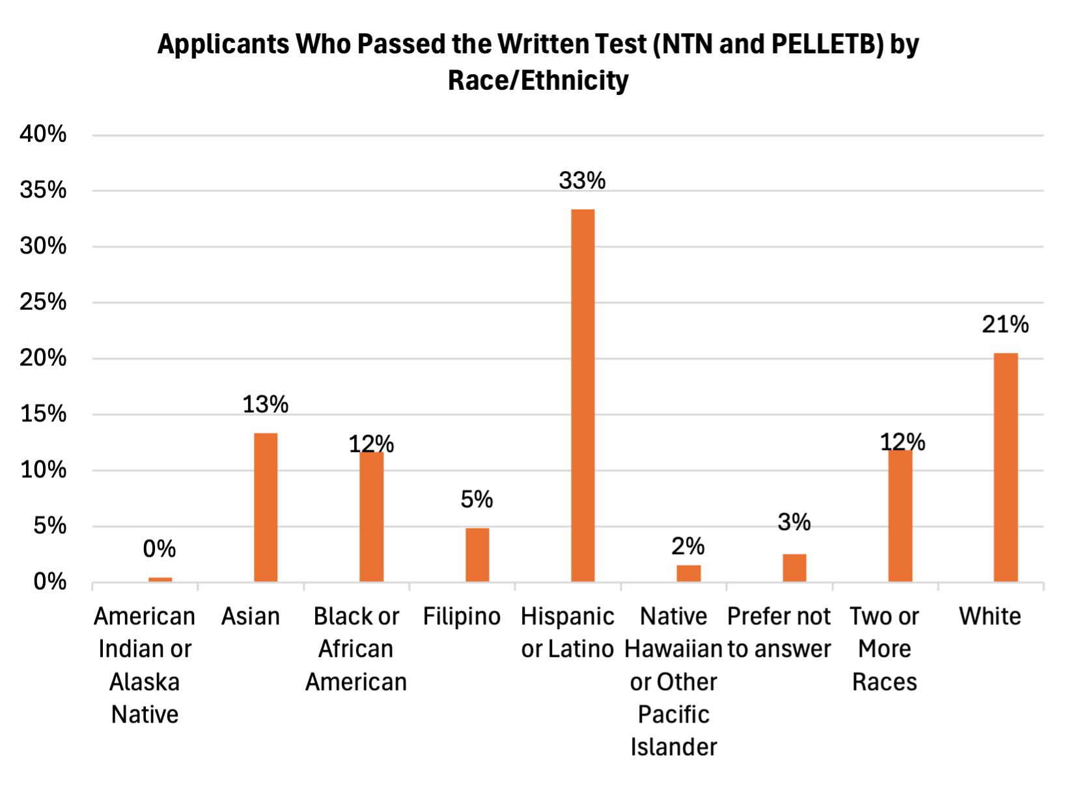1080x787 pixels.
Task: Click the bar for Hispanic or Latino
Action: tap(583, 395)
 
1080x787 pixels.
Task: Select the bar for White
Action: tap(1006, 467)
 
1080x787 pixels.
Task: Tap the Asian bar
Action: tap(266, 507)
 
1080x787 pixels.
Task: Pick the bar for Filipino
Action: tap(477, 555)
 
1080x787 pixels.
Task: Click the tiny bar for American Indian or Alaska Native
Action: tap(160, 579)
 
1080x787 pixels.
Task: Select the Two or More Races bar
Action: tap(900, 515)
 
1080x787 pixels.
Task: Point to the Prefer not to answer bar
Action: tap(794, 568)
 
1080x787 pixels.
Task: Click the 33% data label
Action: tap(582, 180)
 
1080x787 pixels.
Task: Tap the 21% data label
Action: tap(1005, 324)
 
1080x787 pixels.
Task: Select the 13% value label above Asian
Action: tap(265, 405)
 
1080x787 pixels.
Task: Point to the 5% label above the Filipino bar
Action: tap(477, 500)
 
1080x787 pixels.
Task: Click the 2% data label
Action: tap(688, 546)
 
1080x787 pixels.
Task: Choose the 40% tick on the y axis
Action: tap(43, 134)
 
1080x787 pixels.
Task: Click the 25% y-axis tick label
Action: tap(43, 302)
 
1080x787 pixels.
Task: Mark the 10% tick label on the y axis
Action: tap(43, 470)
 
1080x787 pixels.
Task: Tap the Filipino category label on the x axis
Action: tap(462, 616)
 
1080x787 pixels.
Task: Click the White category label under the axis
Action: tap(990, 616)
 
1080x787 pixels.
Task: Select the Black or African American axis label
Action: tap(356, 648)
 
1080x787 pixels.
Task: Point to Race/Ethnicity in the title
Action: tap(538, 81)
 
